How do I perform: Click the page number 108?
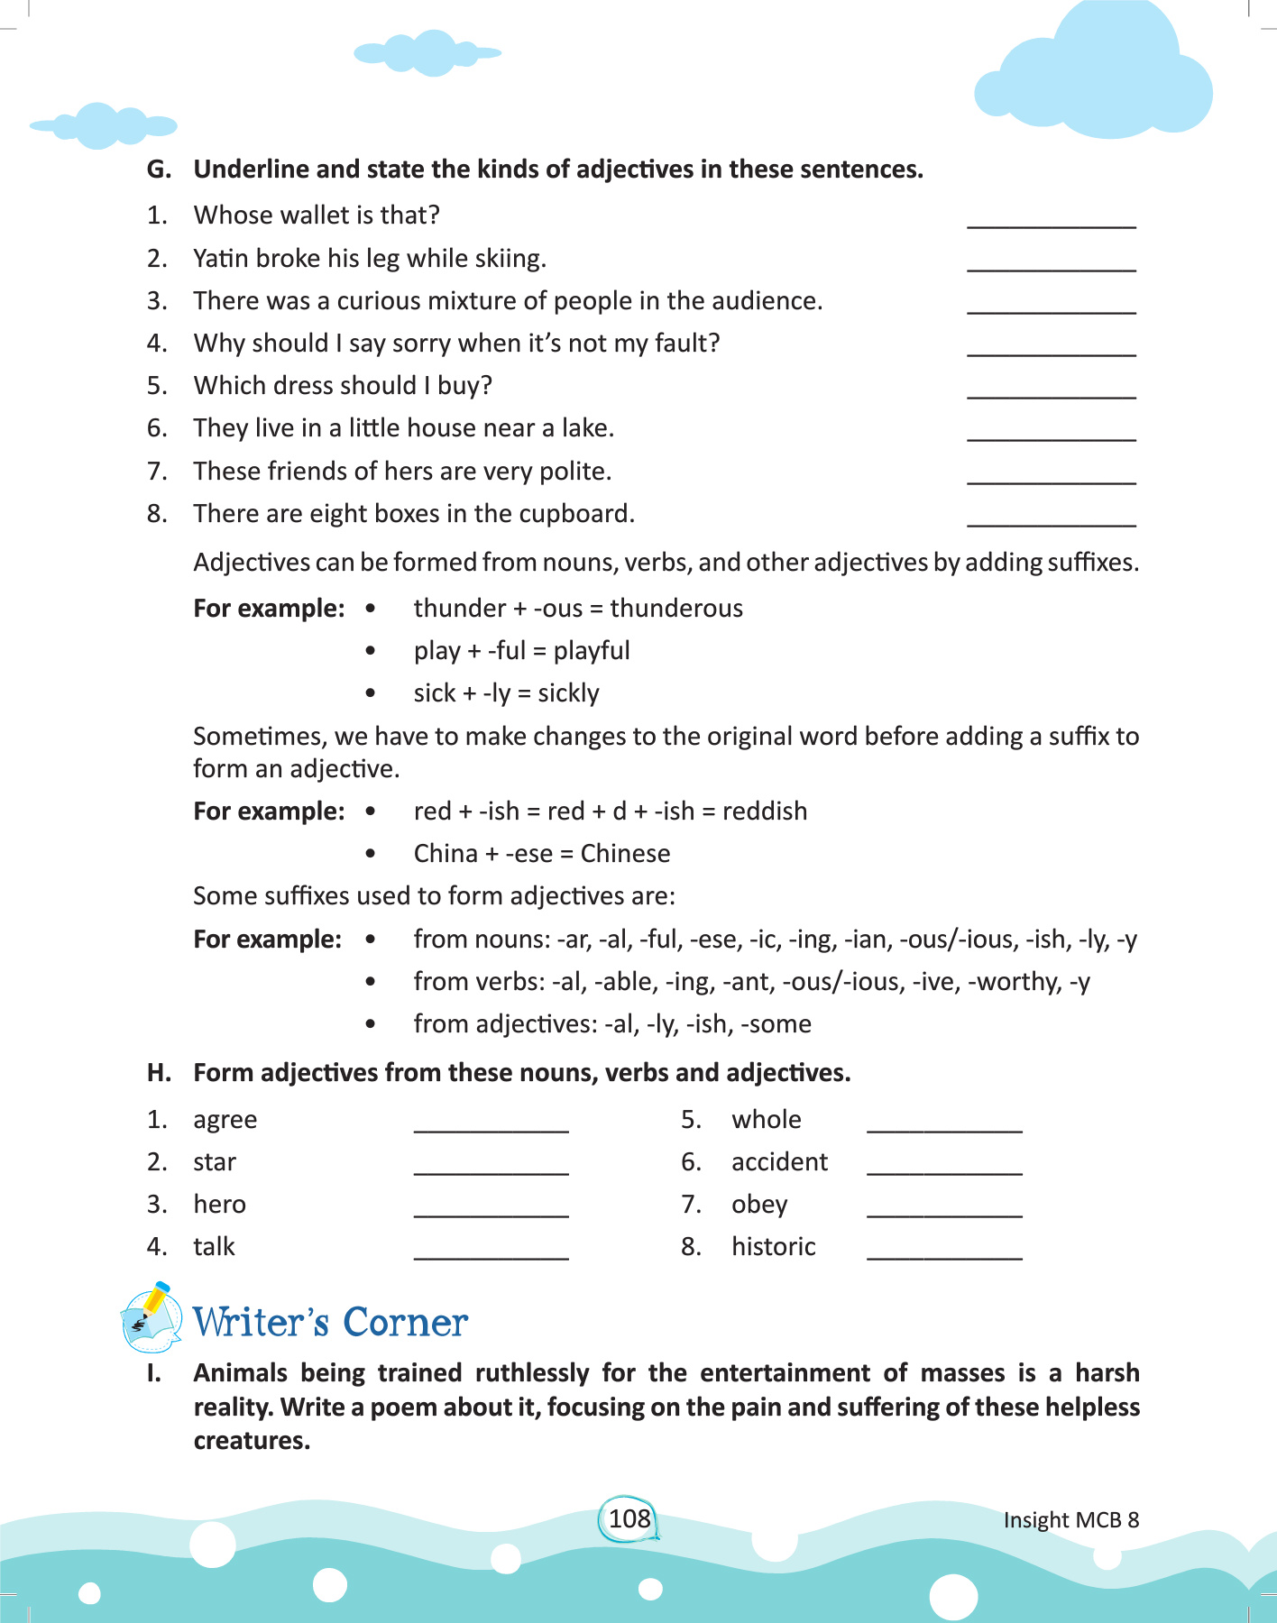tap(629, 1518)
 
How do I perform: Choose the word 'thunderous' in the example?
tap(676, 609)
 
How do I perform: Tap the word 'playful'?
tap(592, 651)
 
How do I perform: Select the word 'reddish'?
tap(765, 811)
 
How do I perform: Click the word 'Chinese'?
tap(625, 854)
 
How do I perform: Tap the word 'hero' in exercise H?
tap(219, 1205)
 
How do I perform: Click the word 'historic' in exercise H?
tap(773, 1247)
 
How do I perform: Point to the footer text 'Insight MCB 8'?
tap(1070, 1520)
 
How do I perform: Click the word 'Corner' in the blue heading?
tap(405, 1323)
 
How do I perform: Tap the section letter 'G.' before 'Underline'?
tap(159, 170)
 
